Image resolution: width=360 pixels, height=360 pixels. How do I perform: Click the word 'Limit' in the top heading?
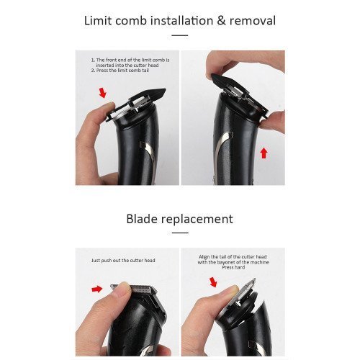[98, 20]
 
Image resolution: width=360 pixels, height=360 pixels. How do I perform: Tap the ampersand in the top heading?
[221, 20]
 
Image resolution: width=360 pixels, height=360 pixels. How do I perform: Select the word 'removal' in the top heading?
[253, 20]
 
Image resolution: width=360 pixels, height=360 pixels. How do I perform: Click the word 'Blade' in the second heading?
[141, 219]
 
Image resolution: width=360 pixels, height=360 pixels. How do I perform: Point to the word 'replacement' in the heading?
[197, 220]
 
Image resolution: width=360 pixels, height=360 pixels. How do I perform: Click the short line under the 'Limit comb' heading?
[180, 35]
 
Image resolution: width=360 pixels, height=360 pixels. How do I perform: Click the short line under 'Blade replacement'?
[180, 233]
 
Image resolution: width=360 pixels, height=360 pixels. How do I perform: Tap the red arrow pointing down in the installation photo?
[103, 93]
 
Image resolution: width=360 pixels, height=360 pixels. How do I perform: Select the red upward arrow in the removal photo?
[264, 153]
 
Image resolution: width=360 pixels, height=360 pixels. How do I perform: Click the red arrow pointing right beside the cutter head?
[97, 289]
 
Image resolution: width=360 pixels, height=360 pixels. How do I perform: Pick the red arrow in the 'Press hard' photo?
[213, 282]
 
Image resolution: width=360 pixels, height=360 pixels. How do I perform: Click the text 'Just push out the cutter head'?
[123, 261]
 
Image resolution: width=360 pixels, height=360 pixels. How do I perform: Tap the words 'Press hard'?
[233, 267]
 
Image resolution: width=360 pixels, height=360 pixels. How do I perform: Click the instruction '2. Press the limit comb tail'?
[120, 71]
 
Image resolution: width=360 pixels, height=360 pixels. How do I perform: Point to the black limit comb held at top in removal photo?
[239, 95]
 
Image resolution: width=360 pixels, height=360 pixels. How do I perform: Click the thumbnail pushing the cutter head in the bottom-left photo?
[125, 287]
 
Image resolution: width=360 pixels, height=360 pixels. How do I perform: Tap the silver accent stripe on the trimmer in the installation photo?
[147, 153]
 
